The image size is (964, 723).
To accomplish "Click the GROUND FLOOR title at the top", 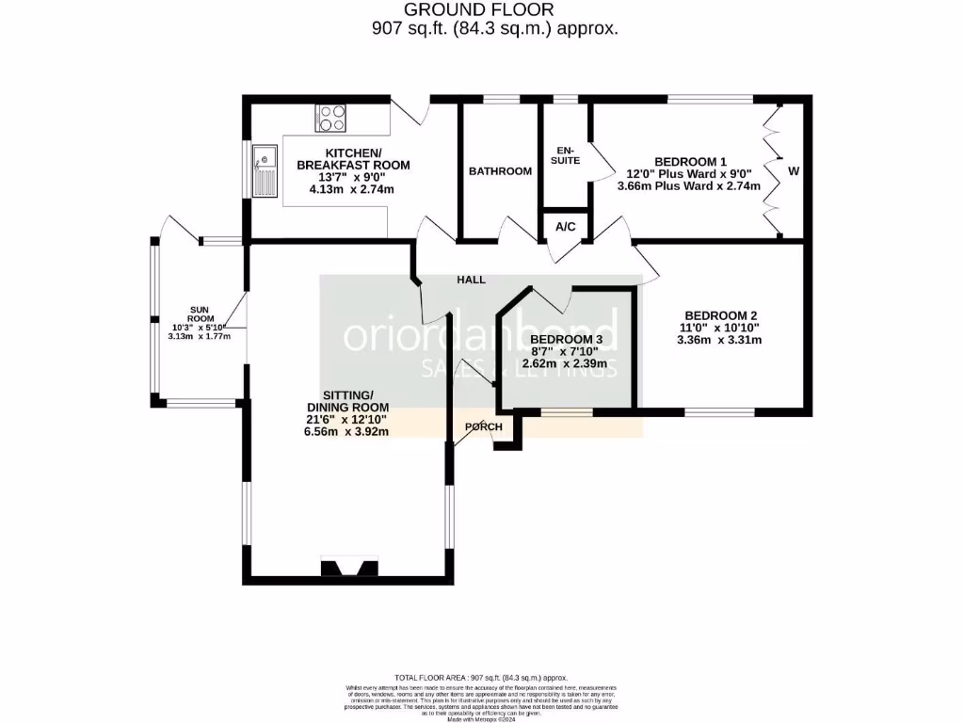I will point(485,10).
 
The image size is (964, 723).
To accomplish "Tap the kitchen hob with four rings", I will point(331,117).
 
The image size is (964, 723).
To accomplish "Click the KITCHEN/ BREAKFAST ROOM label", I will point(353,159).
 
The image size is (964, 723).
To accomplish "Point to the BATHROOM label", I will point(500,171).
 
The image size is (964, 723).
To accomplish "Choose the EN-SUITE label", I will point(567,155).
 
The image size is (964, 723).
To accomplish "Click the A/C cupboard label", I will point(566,227).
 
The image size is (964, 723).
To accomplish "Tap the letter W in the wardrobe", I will point(794,171).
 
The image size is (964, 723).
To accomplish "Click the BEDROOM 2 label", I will point(721,315).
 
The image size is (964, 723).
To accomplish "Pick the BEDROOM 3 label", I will point(566,339).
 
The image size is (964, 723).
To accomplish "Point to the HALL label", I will point(471,280).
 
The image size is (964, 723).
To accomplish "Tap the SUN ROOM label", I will point(199,314).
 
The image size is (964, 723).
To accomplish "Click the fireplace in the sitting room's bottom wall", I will point(350,567).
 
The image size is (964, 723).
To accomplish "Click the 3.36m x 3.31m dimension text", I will point(719,340).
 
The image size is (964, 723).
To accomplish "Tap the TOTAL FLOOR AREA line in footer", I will point(481,678).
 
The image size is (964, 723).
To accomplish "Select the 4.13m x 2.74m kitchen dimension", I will point(352,189).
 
